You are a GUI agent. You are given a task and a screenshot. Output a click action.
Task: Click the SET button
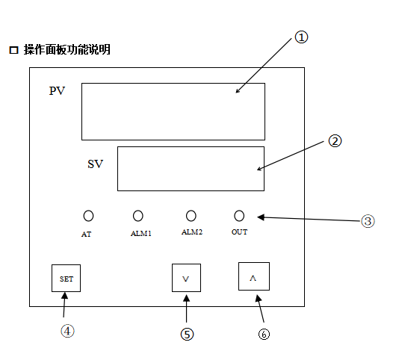66,278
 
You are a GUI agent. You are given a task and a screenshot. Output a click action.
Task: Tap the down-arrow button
186,278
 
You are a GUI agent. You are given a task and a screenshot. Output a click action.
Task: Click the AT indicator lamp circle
88,216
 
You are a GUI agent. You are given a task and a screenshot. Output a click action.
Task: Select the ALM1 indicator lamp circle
138,216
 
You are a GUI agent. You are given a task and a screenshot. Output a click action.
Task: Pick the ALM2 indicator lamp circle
191,216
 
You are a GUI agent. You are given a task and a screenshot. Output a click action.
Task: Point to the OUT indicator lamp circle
239,216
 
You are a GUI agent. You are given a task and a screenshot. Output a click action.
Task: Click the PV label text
57,91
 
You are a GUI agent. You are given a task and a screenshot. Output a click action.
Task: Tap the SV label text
96,164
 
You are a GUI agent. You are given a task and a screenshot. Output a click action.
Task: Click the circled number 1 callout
301,37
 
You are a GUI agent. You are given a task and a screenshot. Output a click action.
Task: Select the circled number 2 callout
335,141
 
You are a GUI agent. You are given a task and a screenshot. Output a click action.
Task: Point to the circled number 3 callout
368,221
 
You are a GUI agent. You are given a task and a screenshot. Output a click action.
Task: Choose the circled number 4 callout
67,332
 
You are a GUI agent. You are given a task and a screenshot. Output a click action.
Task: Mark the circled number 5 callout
187,335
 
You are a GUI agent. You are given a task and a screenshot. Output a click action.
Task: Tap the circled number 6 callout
264,334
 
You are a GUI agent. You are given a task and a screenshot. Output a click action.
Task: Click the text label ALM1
141,234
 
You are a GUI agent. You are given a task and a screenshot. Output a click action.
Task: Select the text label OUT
239,232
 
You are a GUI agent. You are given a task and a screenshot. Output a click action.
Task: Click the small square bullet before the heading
13,50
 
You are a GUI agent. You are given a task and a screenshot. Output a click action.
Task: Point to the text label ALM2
192,232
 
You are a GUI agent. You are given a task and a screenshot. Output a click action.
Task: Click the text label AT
86,235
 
